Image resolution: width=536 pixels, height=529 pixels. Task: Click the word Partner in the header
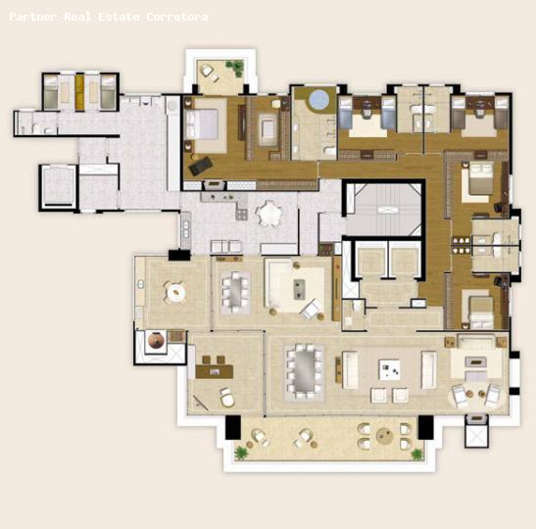[x=31, y=17]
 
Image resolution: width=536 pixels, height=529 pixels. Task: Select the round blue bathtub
[x=318, y=100]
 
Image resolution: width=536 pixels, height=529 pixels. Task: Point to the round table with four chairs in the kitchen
[x=268, y=213]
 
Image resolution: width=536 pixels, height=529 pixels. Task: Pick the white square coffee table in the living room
[x=390, y=369]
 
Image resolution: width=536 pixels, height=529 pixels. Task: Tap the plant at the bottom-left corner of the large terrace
[x=241, y=453]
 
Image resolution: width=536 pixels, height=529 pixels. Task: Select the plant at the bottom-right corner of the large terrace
[x=417, y=454]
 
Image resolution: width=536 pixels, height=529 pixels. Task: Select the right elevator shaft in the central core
[x=404, y=262]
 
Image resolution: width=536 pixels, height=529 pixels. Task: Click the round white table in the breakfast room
[x=175, y=291]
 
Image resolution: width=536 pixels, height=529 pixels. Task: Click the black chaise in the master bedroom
[x=200, y=167]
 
